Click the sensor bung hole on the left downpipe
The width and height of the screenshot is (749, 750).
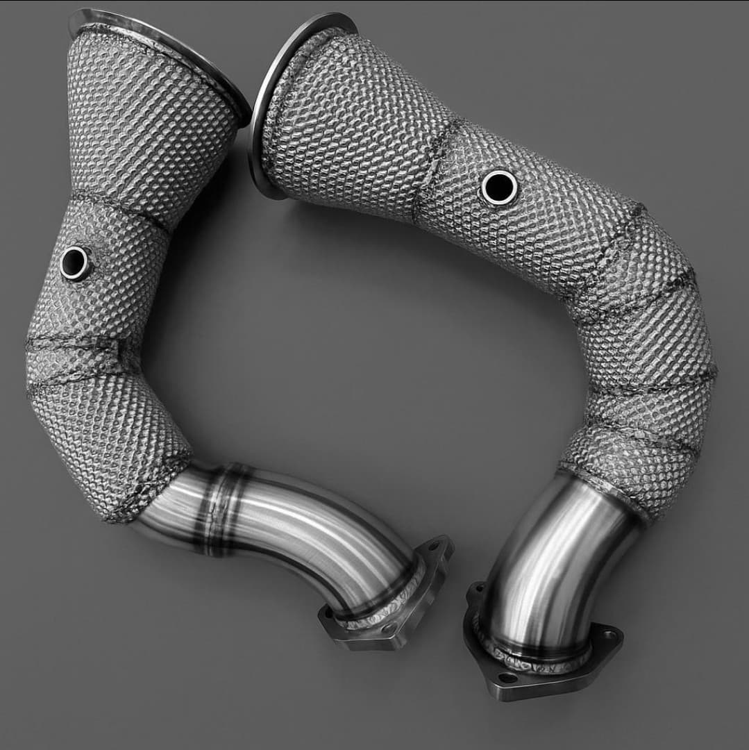point(74,262)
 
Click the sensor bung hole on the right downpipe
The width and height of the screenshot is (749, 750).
point(498,187)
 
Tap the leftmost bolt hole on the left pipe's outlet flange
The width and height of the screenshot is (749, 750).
point(328,614)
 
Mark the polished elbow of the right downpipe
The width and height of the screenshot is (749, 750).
point(555,556)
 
